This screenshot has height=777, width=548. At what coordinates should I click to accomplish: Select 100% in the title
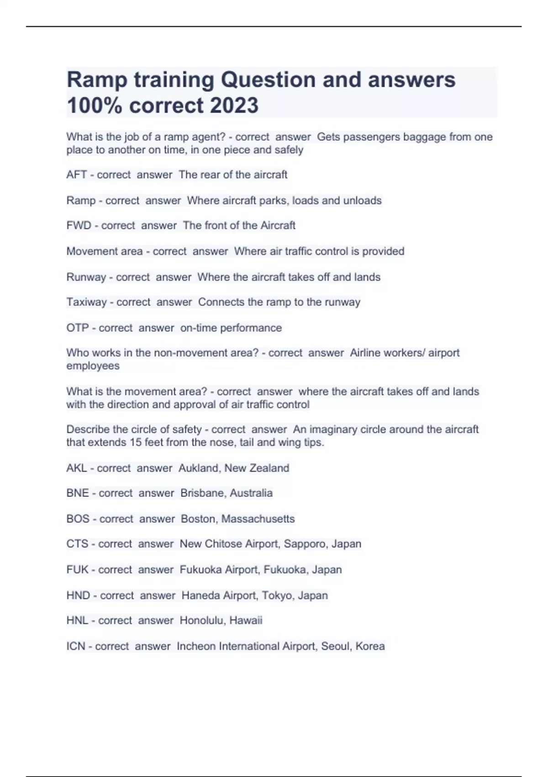[x=95, y=105]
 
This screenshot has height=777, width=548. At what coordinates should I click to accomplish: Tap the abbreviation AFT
[x=76, y=175]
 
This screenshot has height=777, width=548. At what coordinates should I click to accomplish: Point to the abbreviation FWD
[x=79, y=225]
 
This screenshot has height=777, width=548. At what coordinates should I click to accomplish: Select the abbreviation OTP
[x=77, y=328]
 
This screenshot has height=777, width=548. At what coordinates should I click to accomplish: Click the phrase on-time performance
[x=231, y=328]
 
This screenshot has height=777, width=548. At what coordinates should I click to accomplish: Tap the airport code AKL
[x=76, y=468]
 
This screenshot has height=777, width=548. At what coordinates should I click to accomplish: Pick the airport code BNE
[x=77, y=493]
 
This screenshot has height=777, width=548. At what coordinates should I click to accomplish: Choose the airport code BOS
[x=78, y=519]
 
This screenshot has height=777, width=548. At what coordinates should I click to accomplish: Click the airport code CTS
[x=77, y=544]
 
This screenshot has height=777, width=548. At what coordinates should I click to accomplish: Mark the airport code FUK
[x=77, y=569]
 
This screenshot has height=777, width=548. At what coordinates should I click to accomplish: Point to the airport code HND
[x=78, y=596]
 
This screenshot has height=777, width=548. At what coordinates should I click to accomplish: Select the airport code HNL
[x=77, y=620]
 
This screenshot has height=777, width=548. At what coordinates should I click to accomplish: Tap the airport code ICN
[x=75, y=646]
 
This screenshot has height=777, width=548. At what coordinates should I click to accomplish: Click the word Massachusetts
[x=258, y=519]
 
